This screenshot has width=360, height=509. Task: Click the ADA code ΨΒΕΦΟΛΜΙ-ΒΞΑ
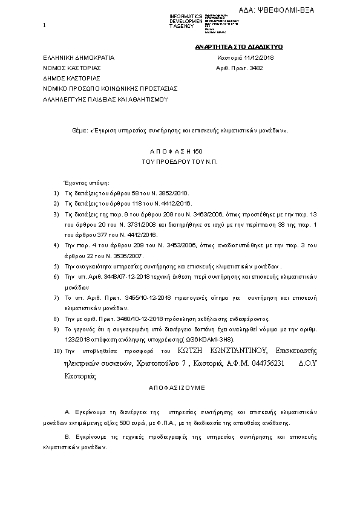coord(293,10)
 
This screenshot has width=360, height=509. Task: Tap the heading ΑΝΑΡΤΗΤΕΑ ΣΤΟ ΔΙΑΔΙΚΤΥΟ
coord(239,47)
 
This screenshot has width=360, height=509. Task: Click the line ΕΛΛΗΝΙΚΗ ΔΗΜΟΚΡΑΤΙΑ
coord(78,57)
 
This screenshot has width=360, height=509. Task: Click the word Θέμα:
coord(79,130)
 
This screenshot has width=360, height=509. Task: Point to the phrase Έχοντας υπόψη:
coord(83,183)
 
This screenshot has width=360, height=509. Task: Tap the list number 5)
coord(56,266)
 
